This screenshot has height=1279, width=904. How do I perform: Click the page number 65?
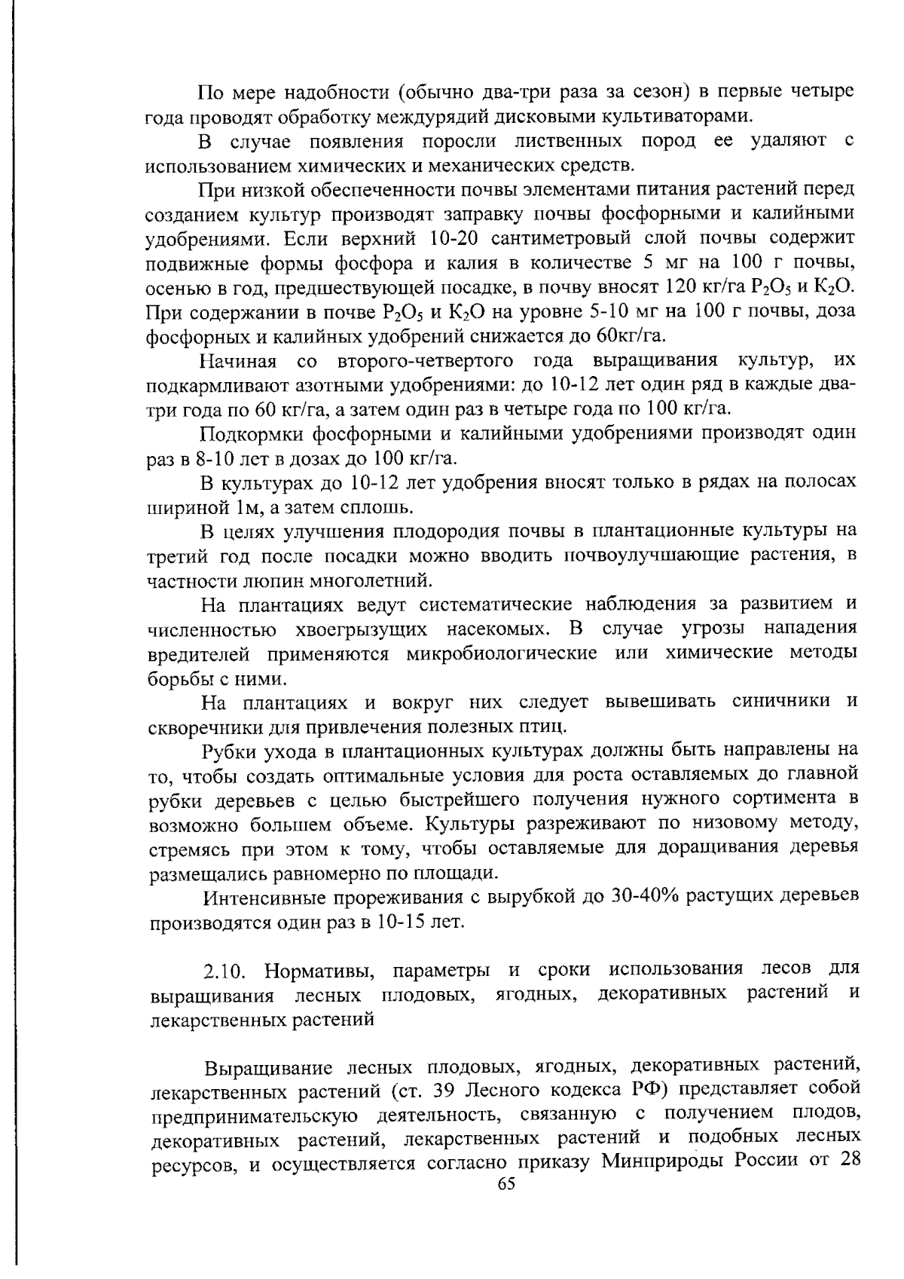(x=506, y=1184)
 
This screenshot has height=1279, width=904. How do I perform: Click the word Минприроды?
(x=661, y=1160)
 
